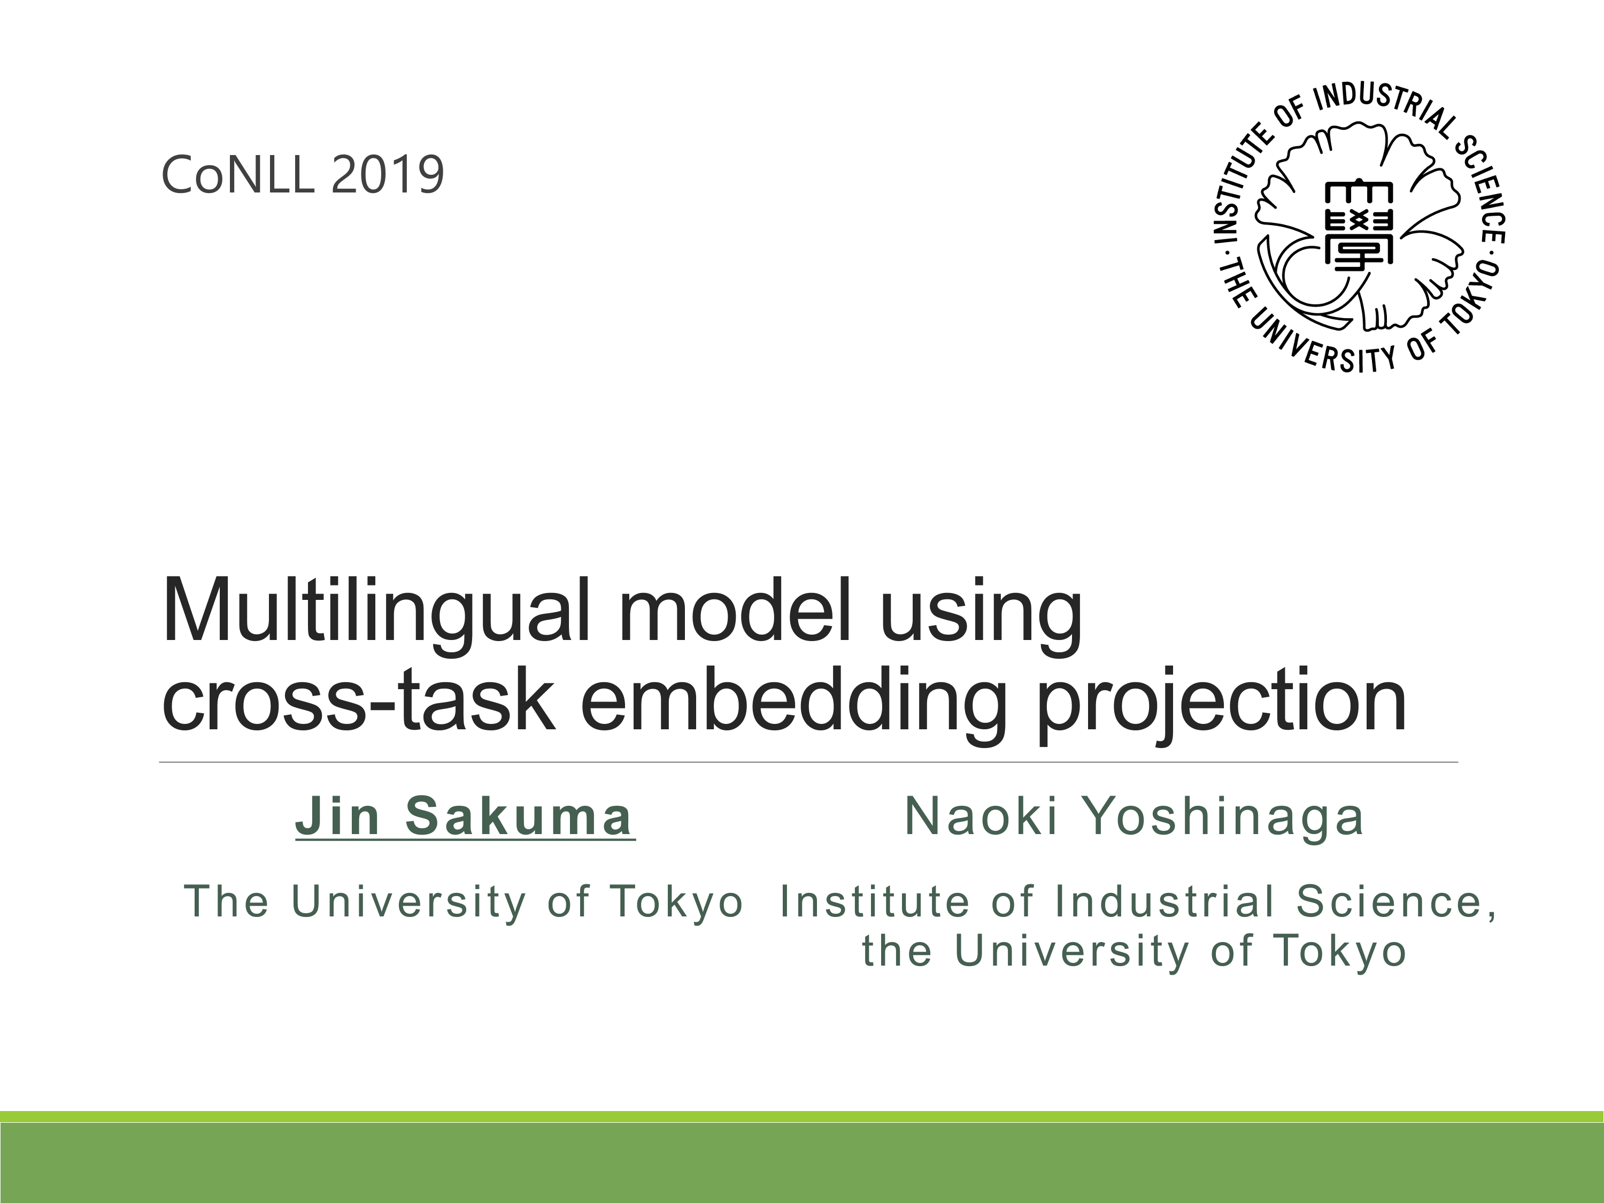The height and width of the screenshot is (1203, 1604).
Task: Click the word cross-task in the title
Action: coord(358,700)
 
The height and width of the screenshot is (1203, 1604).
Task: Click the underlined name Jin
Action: coord(338,816)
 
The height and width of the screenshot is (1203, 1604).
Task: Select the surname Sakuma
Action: coord(519,816)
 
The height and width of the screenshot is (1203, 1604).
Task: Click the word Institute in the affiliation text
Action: coord(875,901)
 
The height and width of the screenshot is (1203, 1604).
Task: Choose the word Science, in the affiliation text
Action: coord(1396,902)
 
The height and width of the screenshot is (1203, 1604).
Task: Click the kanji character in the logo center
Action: coord(1358,226)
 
